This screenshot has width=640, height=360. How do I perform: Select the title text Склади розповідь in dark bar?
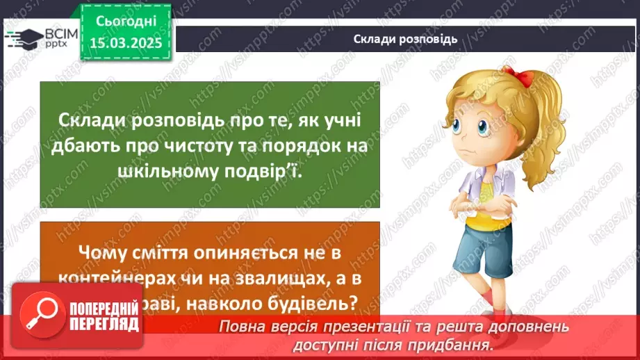tap(405, 38)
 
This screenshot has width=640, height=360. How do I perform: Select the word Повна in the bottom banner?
tap(240, 327)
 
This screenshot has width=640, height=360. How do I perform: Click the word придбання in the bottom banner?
tap(452, 343)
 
